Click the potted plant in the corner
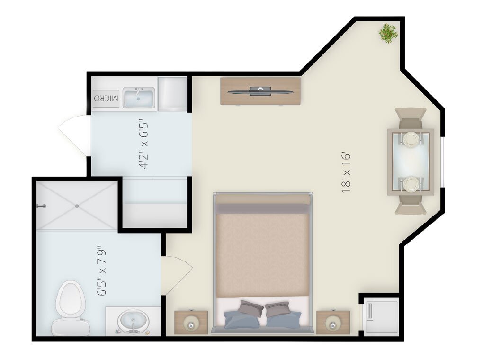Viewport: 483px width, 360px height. click(x=388, y=33)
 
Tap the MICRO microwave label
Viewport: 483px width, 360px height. click(x=106, y=99)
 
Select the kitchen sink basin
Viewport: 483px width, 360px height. click(x=139, y=98)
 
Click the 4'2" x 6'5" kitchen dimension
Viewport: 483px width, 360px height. click(x=144, y=144)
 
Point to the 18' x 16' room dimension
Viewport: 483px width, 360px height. click(x=346, y=172)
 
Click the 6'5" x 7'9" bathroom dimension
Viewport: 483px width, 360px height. click(x=102, y=270)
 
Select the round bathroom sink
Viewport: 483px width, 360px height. click(x=133, y=322)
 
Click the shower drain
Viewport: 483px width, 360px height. click(x=77, y=206)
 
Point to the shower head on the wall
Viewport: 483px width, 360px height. click(x=41, y=206)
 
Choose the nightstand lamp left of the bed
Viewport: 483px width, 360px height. click(x=191, y=324)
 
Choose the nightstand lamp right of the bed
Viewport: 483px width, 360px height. click(x=333, y=324)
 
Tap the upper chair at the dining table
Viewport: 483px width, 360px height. click(x=411, y=118)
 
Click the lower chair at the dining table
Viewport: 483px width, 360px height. click(x=411, y=205)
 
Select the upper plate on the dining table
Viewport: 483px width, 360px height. click(x=411, y=139)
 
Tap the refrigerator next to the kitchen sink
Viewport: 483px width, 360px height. click(x=172, y=94)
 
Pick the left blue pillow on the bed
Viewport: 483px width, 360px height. click(x=243, y=319)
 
